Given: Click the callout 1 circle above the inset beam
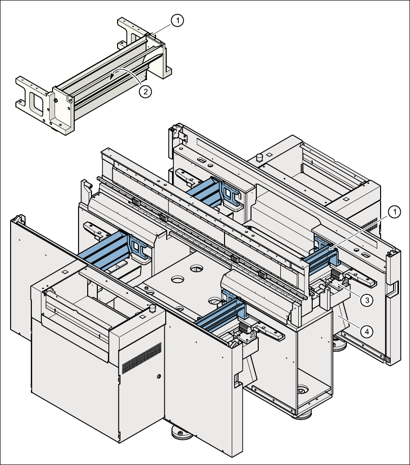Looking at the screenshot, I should tap(178, 20).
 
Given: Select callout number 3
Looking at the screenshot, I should tap(366, 300).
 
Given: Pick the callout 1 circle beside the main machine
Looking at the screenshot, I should tap(394, 212).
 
